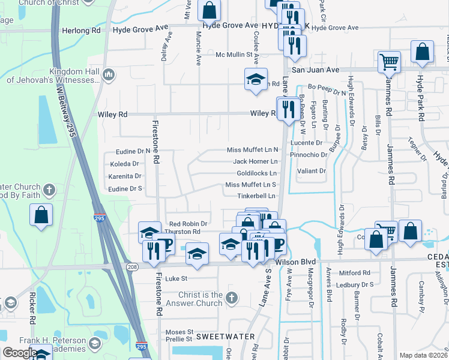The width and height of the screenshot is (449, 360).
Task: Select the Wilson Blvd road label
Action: [x=295, y=262]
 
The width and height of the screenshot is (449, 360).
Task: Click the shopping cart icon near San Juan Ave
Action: [x=389, y=62]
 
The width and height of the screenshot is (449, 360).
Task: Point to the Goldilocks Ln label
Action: [x=256, y=173]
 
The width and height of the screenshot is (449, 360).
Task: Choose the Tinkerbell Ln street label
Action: [x=256, y=196]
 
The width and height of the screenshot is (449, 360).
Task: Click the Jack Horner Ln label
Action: [x=255, y=161]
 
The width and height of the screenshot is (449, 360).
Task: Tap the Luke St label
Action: [x=176, y=278]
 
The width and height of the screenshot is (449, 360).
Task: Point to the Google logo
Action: [x=20, y=352]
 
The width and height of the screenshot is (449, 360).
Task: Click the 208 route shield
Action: [x=130, y=265]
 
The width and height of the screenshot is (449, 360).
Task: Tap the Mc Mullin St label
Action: [x=234, y=55]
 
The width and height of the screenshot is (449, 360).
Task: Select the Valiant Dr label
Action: [x=312, y=171]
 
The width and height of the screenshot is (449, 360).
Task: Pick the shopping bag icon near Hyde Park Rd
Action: [x=423, y=53]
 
